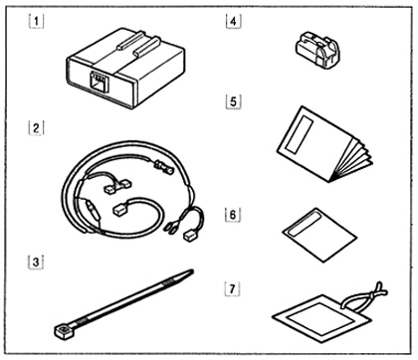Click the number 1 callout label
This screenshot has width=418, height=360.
click(36, 21)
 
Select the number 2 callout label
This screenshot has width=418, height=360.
click(36, 128)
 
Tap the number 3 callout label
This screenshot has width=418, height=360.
click(35, 262)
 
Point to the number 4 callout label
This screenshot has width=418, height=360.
click(233, 21)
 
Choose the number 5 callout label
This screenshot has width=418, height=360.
click(233, 101)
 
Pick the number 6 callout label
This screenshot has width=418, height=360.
click(233, 215)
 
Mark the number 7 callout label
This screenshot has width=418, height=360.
click(232, 289)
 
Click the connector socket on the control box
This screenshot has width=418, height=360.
click(99, 80)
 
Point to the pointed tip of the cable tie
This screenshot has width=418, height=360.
click(191, 271)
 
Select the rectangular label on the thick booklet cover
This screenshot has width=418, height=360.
click(300, 134)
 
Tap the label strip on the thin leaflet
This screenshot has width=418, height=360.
click(305, 224)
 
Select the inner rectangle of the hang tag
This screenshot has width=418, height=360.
click(320, 318)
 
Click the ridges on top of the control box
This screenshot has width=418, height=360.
click(138, 43)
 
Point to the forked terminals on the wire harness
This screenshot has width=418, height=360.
click(170, 228)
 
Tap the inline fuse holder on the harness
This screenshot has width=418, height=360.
click(93, 212)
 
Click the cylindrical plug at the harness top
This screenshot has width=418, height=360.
click(163, 167)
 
